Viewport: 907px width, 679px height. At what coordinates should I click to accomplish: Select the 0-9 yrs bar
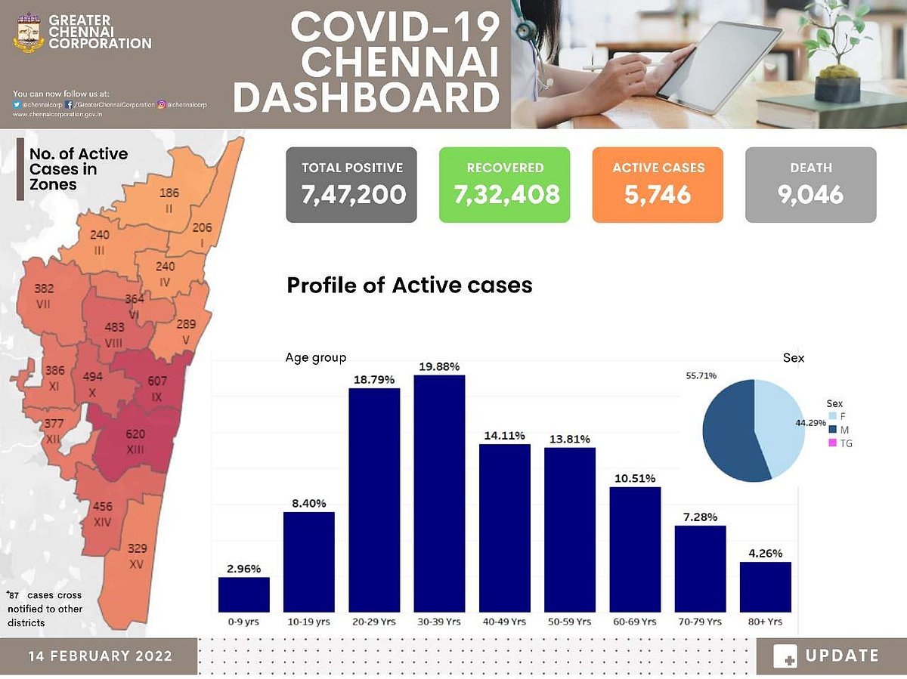pyautogui.click(x=244, y=594)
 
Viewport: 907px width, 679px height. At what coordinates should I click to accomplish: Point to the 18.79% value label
pyautogui.click(x=374, y=379)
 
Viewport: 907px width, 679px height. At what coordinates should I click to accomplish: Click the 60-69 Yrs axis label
pyautogui.click(x=635, y=622)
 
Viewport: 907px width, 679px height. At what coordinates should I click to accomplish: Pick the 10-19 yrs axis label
pyautogui.click(x=308, y=622)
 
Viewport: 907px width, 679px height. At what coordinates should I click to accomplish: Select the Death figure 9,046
pyautogui.click(x=810, y=195)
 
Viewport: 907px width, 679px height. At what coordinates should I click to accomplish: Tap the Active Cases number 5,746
pyautogui.click(x=658, y=195)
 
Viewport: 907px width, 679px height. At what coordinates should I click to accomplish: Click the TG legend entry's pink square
pyautogui.click(x=832, y=443)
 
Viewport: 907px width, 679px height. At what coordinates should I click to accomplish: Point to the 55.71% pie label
pyautogui.click(x=702, y=375)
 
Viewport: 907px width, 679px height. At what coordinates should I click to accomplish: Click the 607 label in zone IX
pyautogui.click(x=157, y=380)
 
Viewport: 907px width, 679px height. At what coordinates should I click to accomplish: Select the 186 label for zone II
pyautogui.click(x=169, y=193)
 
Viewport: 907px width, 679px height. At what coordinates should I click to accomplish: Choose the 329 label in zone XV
pyautogui.click(x=138, y=548)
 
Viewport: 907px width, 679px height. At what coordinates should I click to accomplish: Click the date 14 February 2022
pyautogui.click(x=101, y=655)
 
